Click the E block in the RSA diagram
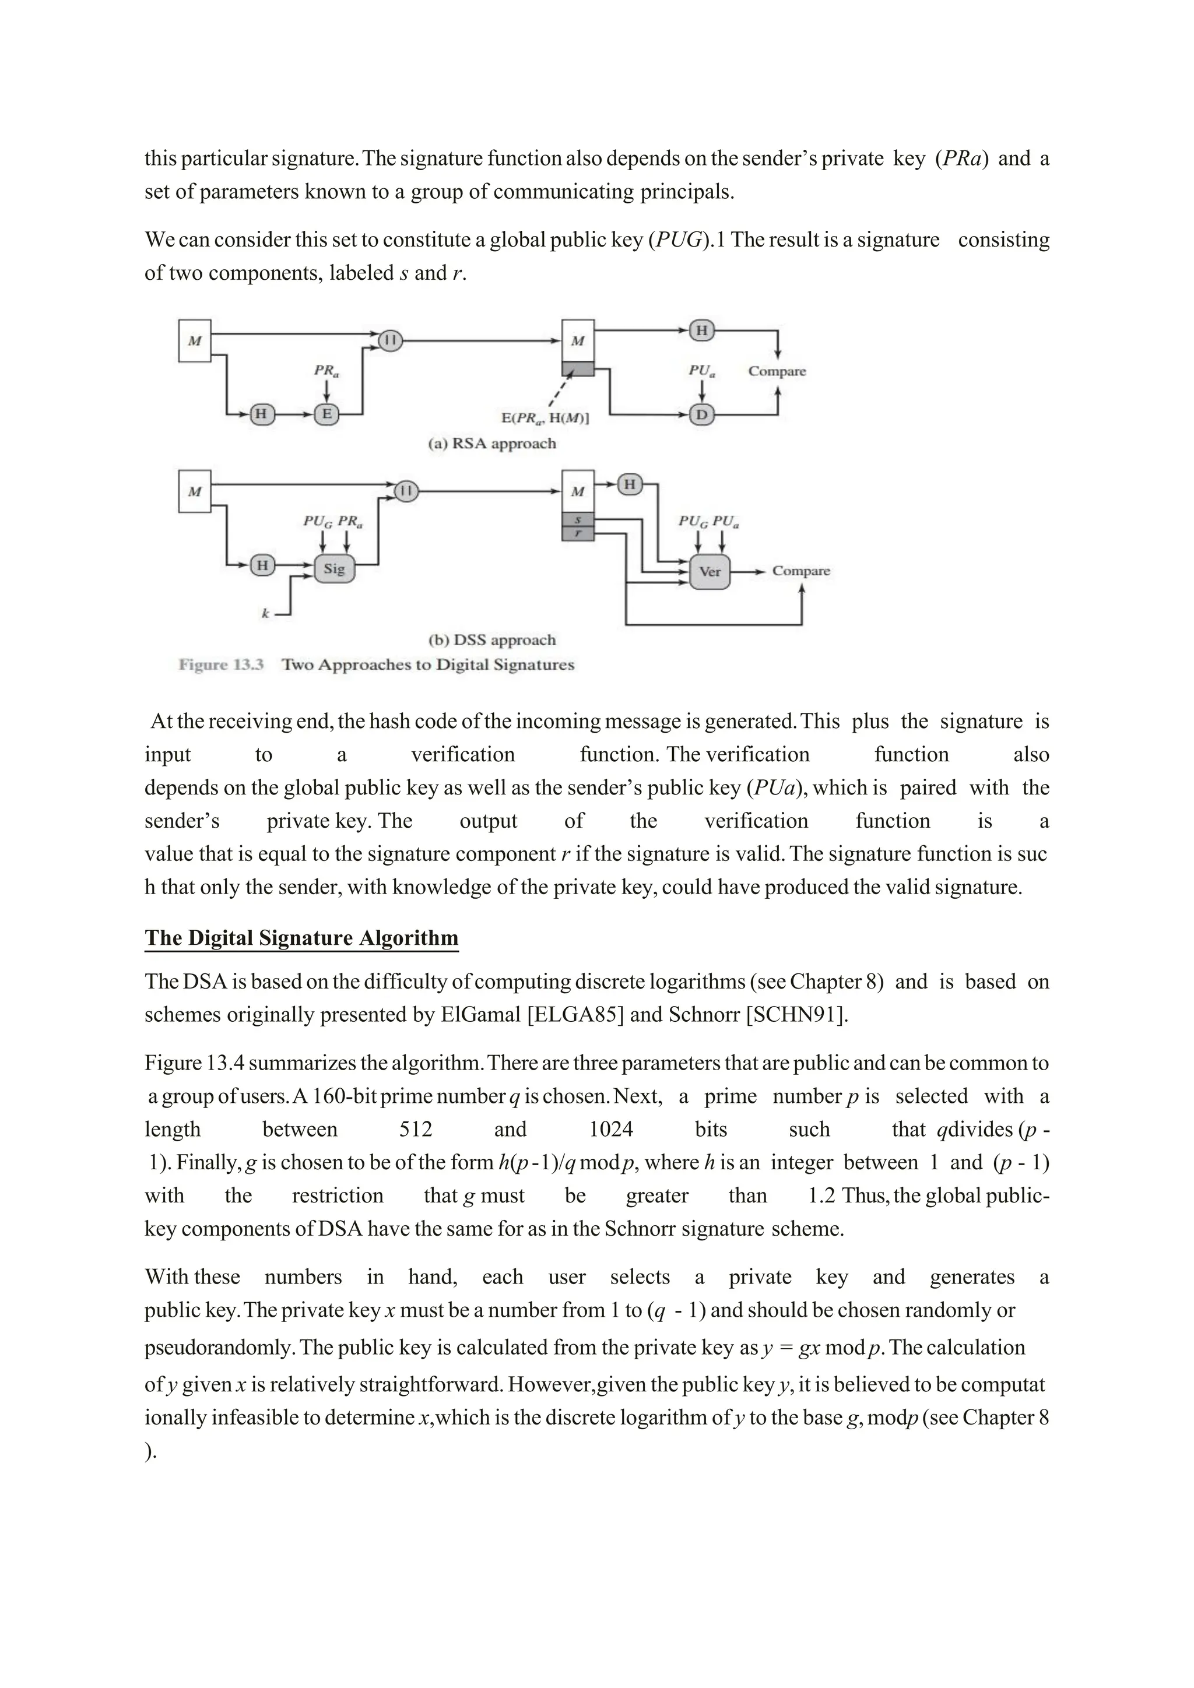(326, 414)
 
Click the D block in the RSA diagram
(701, 414)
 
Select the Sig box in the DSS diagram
(334, 568)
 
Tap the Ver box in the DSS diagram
(710, 571)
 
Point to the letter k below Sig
(265, 613)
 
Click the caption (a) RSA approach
(492, 444)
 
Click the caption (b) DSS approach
(492, 639)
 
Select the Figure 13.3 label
(220, 664)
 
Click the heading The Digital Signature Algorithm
(301, 937)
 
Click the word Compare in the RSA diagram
(777, 371)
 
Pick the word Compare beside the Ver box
(800, 571)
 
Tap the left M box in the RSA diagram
(195, 341)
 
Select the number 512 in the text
(416, 1129)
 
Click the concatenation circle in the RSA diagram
(391, 340)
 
